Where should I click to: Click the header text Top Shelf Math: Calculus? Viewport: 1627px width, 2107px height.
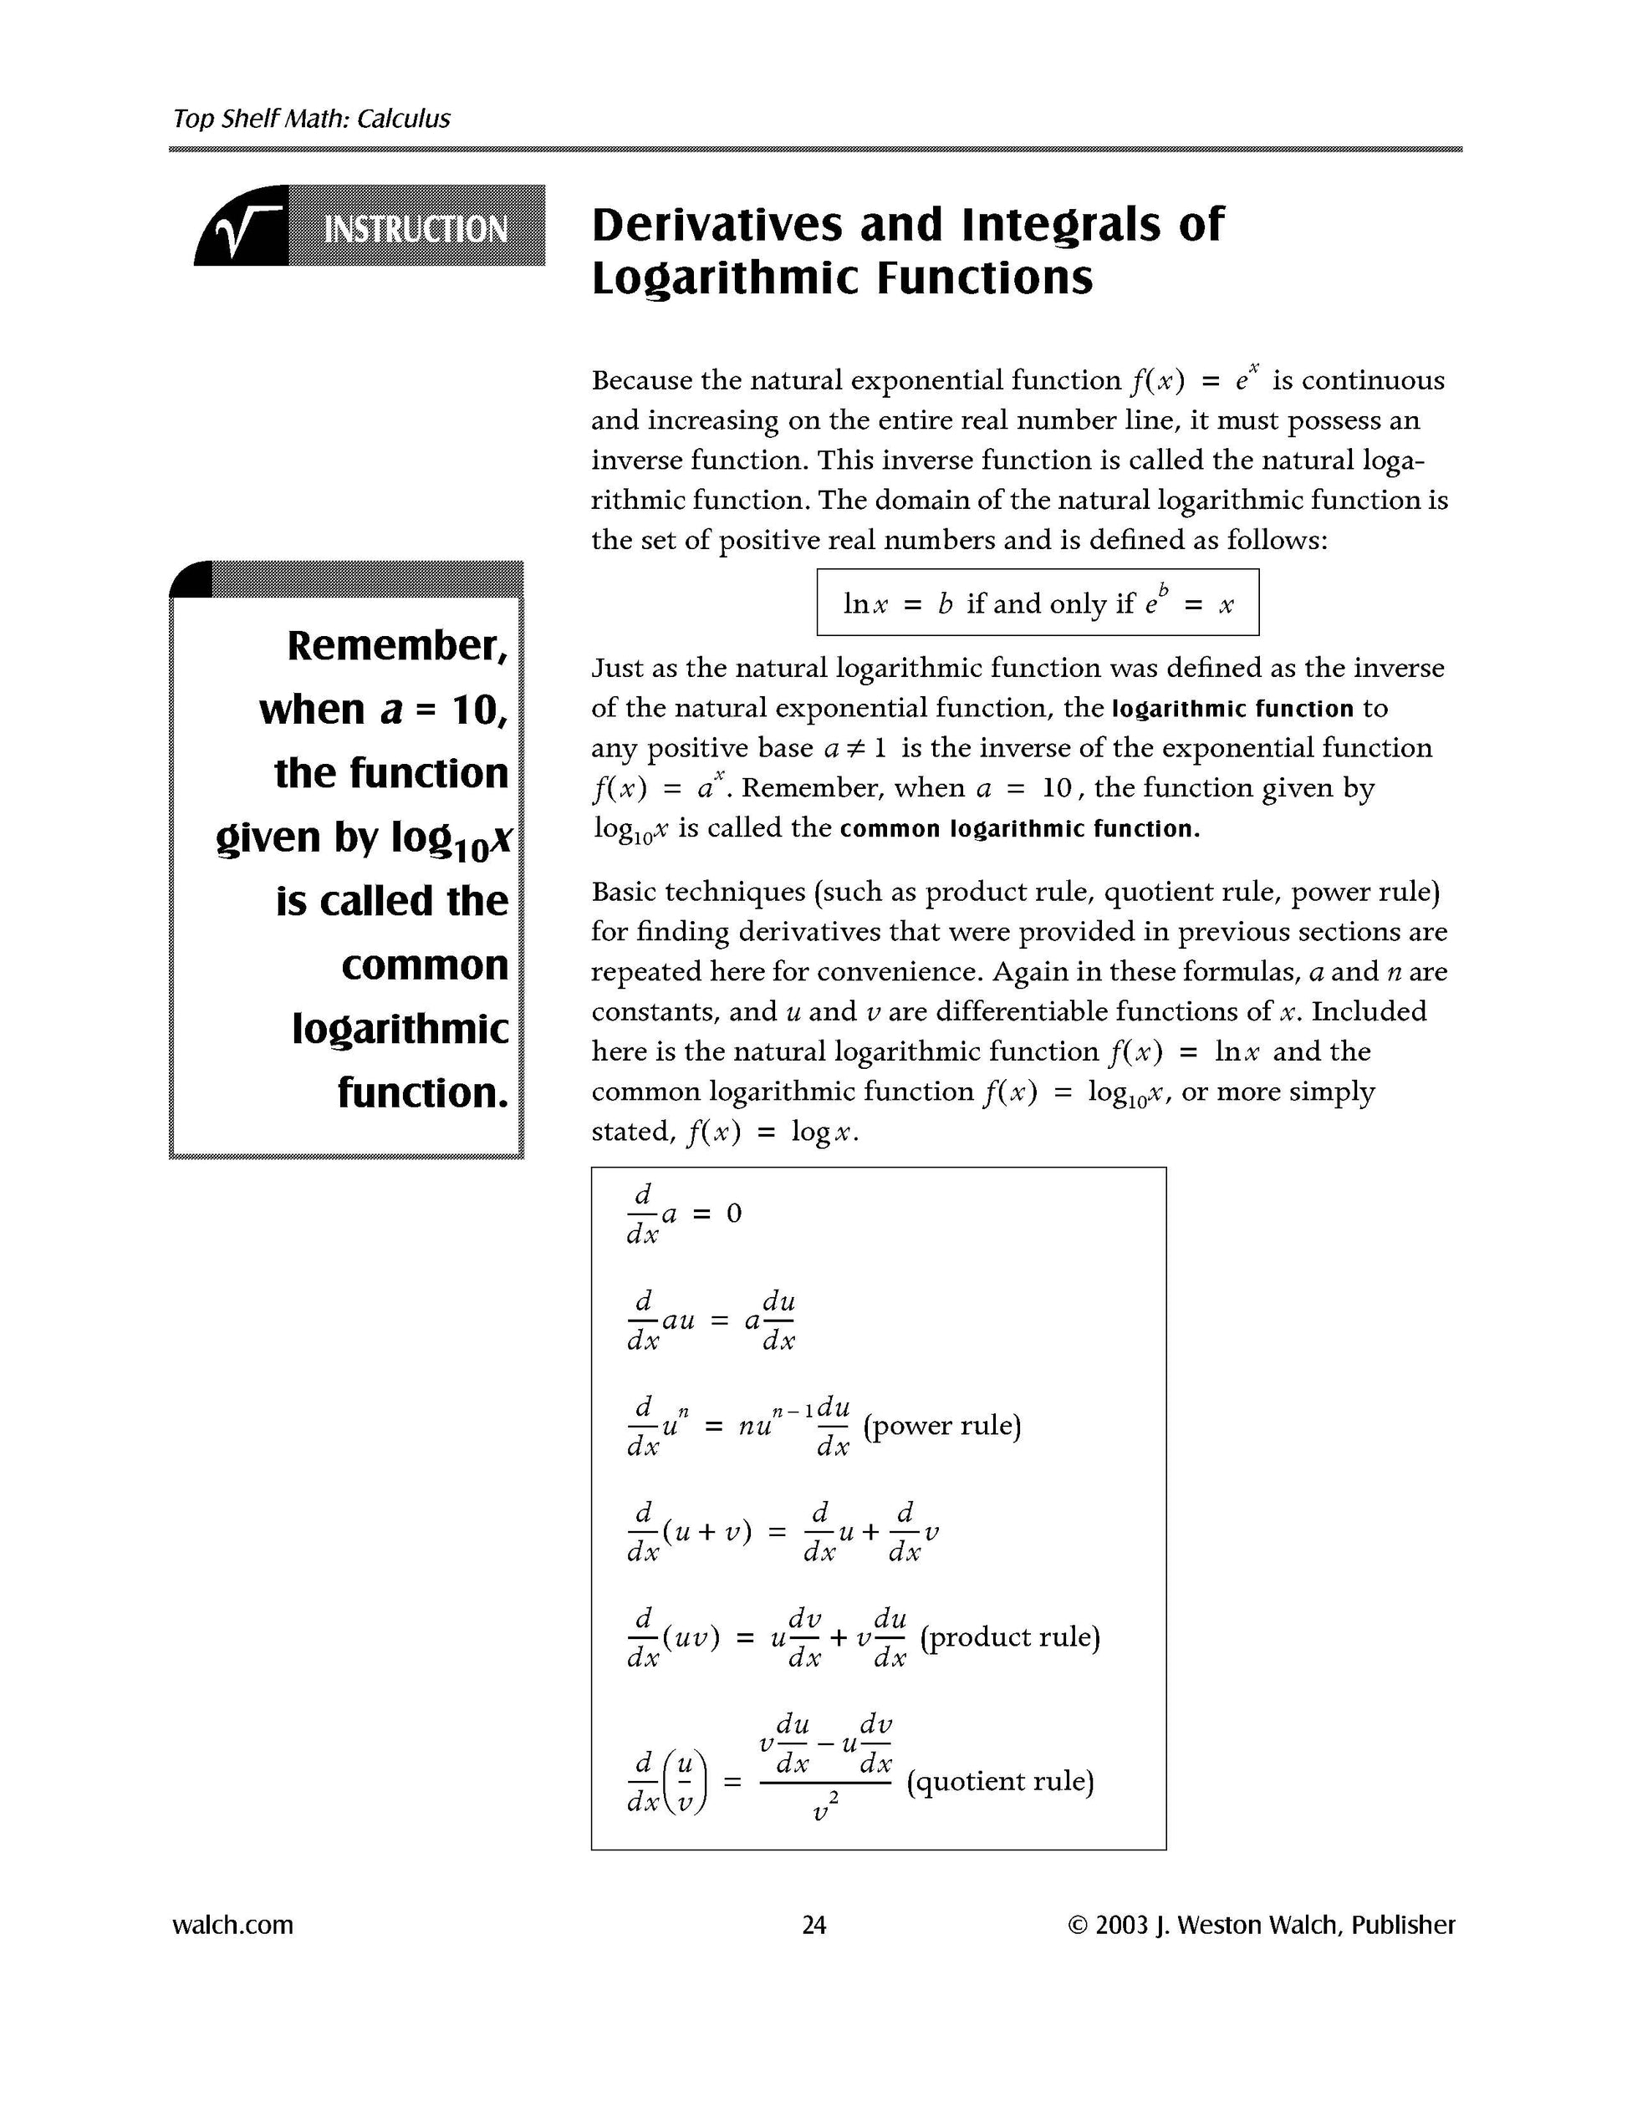point(311,119)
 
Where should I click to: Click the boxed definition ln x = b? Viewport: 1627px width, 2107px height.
point(1037,603)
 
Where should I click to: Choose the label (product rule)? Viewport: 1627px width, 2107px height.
point(1009,1636)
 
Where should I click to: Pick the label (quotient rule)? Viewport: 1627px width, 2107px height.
point(1000,1780)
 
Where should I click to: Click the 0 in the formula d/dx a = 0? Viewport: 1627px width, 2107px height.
point(733,1214)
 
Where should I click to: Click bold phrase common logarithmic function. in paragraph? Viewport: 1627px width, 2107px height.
point(1019,829)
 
